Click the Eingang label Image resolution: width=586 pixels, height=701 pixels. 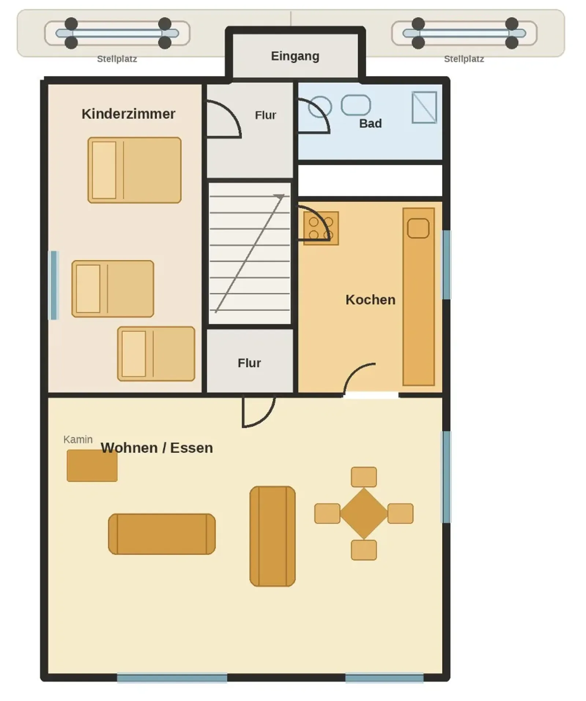[295, 56]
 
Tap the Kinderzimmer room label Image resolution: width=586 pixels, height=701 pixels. [128, 114]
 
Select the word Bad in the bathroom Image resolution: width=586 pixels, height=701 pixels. [370, 123]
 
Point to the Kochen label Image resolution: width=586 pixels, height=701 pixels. [370, 300]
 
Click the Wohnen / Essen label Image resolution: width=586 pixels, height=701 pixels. [157, 448]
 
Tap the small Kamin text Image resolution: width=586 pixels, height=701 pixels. [78, 439]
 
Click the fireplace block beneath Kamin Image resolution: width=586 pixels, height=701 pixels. [92, 466]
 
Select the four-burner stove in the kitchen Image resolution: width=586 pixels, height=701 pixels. [321, 228]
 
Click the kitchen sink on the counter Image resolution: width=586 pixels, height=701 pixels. [418, 228]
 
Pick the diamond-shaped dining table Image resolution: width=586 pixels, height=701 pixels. [364, 513]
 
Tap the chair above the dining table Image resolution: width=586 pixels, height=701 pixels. [364, 477]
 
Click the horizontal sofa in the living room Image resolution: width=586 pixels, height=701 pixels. [162, 534]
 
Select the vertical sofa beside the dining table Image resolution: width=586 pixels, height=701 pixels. [272, 536]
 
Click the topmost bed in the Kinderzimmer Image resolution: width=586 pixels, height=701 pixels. [134, 170]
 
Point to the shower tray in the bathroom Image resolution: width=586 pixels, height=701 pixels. [424, 107]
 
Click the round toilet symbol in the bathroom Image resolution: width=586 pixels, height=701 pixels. [320, 107]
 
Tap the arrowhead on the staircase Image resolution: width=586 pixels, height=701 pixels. [280, 197]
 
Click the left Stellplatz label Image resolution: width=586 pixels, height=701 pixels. [117, 59]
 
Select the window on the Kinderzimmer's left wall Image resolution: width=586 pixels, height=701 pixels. [54, 285]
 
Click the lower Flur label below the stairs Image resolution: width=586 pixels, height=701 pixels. [249, 363]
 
